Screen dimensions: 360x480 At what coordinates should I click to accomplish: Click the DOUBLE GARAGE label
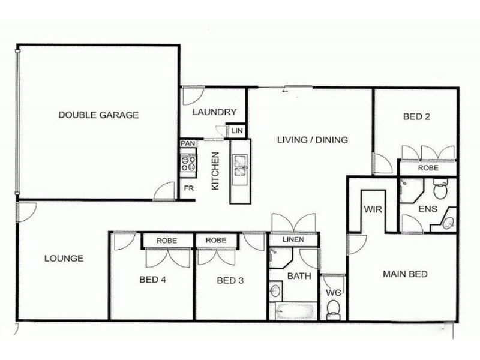pyautogui.click(x=98, y=115)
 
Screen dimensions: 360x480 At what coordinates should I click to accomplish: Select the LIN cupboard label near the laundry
pyautogui.click(x=236, y=130)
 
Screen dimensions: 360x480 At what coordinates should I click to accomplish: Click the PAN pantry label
pyautogui.click(x=188, y=144)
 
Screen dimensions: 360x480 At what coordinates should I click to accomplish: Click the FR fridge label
pyautogui.click(x=188, y=188)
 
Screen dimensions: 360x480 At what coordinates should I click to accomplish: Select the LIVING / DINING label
pyautogui.click(x=312, y=140)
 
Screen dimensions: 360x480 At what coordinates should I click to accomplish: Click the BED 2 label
pyautogui.click(x=416, y=117)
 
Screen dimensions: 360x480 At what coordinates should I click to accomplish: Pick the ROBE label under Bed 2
pyautogui.click(x=428, y=169)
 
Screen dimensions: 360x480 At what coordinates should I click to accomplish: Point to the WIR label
pyautogui.click(x=371, y=210)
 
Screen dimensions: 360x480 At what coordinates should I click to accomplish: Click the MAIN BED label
pyautogui.click(x=405, y=275)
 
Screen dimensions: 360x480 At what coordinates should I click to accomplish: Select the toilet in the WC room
pyautogui.click(x=333, y=308)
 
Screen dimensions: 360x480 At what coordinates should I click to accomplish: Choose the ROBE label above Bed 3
pyautogui.click(x=215, y=240)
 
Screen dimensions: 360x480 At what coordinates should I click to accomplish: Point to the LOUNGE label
pyautogui.click(x=64, y=259)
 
